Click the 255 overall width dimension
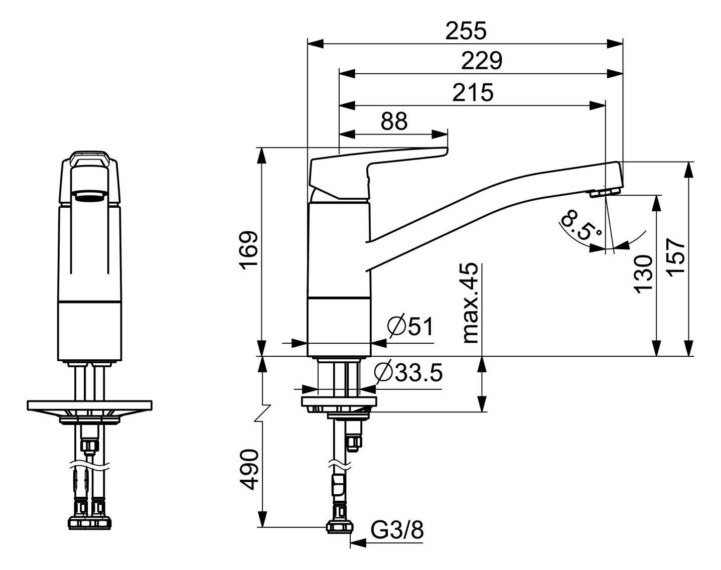tap(466, 31)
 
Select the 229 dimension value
tap(481, 61)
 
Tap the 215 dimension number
tap(473, 92)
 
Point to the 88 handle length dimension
tap(394, 121)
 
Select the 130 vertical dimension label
tap(643, 273)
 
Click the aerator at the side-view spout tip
tap(606, 193)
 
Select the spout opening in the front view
tap(90, 195)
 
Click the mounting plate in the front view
tap(90, 404)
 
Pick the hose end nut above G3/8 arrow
tap(340, 527)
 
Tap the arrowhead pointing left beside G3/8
tap(357, 542)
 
